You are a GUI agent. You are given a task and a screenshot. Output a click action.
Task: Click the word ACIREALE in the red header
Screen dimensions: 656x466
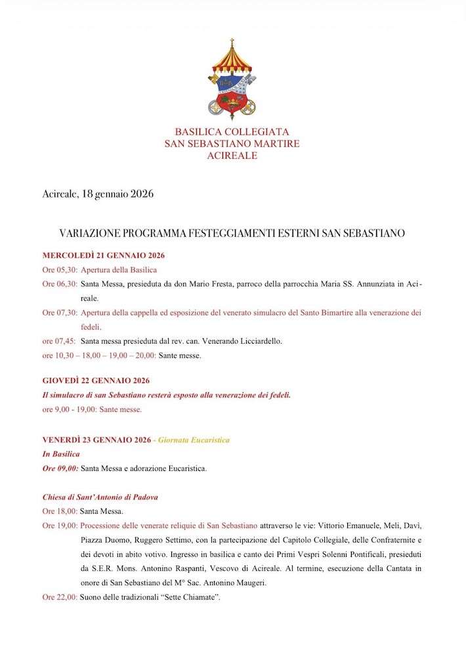click(232, 156)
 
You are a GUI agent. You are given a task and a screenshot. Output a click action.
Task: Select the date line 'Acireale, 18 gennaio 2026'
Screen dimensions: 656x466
click(97, 194)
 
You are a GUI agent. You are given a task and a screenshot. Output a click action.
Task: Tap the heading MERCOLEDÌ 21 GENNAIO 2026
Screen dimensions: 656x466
click(103, 255)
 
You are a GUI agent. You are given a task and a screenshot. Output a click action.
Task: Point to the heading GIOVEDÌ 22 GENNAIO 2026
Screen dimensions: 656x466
click(96, 380)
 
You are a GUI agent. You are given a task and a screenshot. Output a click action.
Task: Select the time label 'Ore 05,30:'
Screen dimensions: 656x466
click(60, 270)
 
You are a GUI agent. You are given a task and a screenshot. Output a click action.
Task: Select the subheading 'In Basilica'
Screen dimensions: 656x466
click(61, 453)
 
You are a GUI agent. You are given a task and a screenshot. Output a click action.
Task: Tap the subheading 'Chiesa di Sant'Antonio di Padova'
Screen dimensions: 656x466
click(100, 497)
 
